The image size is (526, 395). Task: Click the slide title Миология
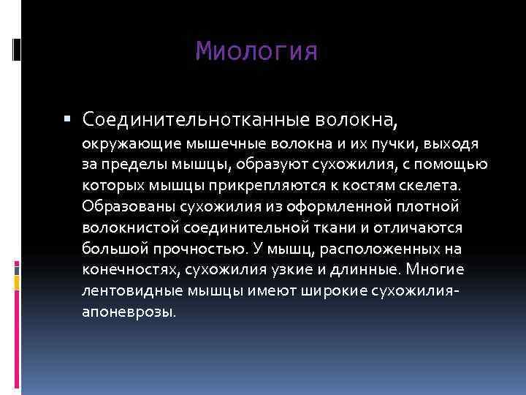[257, 52]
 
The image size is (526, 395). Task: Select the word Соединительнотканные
[197, 118]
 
